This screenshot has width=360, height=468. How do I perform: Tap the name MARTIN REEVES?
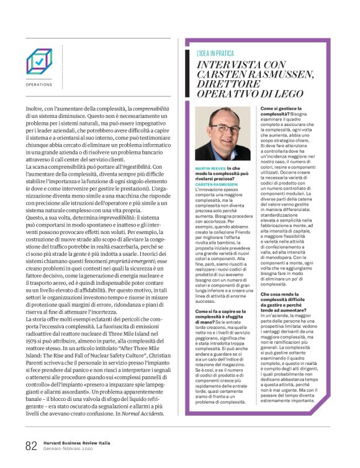click(x=210, y=169)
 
